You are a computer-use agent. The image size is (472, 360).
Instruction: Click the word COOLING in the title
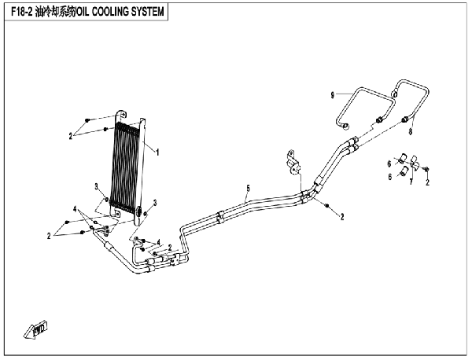(110, 12)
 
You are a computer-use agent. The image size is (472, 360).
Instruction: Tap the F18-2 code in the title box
(21, 12)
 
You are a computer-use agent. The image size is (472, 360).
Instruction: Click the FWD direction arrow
(35, 330)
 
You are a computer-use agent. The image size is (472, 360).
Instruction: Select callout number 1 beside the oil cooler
(157, 152)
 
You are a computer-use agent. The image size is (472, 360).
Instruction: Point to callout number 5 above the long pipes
(248, 189)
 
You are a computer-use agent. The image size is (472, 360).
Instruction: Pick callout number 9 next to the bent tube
(332, 95)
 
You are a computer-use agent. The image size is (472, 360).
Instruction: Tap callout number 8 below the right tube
(410, 131)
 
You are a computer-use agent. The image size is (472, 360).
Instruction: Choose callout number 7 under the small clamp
(411, 182)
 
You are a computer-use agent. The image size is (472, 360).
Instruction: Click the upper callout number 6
(389, 164)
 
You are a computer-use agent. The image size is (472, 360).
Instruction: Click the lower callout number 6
(390, 177)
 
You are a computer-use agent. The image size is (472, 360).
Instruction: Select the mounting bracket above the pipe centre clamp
(293, 163)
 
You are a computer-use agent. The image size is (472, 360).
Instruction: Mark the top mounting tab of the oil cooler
(121, 116)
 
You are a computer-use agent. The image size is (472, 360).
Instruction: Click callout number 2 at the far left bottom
(49, 236)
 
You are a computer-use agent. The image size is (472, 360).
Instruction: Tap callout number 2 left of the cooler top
(71, 136)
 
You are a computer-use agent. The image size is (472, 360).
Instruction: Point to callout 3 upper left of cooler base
(96, 187)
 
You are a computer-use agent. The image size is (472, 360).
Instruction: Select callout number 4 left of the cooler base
(75, 209)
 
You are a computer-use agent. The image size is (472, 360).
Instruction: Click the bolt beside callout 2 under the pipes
(327, 205)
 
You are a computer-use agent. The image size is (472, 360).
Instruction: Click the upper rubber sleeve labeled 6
(403, 159)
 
